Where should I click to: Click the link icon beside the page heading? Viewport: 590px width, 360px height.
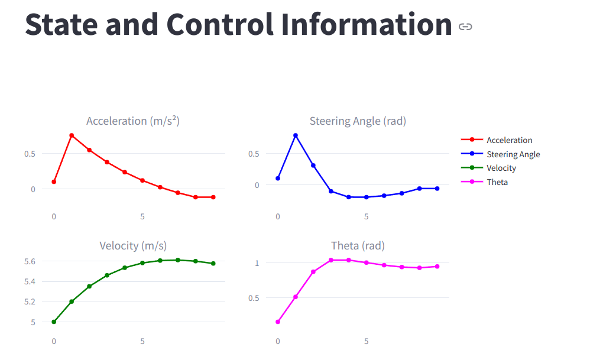tap(465, 27)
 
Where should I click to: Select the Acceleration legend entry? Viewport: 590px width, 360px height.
tap(509, 140)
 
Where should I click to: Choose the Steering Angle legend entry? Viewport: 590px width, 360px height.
tap(513, 154)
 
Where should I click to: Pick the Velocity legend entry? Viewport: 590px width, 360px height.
tap(501, 168)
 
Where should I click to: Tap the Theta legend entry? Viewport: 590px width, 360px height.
tap(497, 182)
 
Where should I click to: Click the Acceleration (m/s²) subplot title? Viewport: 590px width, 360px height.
tap(133, 121)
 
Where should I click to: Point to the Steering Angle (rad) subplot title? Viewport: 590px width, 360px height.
tap(358, 121)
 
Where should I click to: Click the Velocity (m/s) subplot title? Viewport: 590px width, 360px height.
tap(133, 246)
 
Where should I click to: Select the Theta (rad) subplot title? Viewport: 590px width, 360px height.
tap(358, 246)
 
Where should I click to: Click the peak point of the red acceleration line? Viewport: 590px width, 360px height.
tap(72, 135)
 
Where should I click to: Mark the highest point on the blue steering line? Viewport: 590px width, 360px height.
tap(296, 135)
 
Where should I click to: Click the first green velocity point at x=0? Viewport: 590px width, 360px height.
tap(54, 322)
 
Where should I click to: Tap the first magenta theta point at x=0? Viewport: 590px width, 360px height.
tap(278, 322)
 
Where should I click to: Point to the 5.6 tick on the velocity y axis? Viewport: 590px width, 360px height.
tap(30, 261)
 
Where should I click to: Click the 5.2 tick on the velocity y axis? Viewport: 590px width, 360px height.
tap(30, 302)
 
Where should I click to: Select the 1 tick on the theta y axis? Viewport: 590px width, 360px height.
tap(257, 262)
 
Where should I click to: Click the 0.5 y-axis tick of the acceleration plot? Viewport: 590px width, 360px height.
tap(30, 154)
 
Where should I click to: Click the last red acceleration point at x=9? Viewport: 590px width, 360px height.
tap(213, 197)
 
